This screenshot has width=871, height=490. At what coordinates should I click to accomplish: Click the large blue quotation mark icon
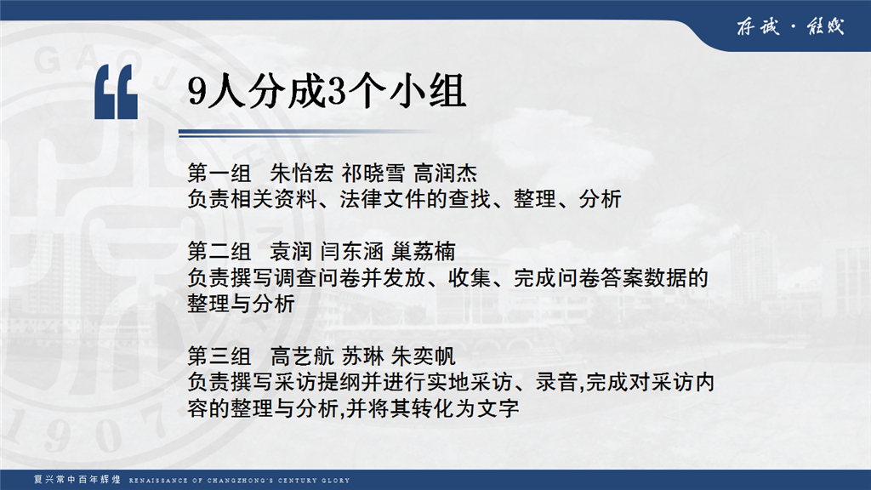(116, 92)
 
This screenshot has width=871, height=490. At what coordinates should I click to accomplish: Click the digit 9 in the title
(197, 92)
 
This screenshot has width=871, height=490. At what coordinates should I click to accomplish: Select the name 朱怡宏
(302, 174)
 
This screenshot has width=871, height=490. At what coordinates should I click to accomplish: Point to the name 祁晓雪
(373, 174)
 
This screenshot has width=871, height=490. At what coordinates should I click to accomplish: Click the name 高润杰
(446, 174)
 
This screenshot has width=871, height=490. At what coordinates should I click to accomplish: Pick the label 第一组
(219, 174)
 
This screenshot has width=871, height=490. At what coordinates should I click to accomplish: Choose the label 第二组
(219, 252)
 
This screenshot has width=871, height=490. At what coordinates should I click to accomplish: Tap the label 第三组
(219, 356)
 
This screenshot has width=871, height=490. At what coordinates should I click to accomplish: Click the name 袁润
(291, 252)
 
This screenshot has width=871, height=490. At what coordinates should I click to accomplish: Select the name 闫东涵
(352, 252)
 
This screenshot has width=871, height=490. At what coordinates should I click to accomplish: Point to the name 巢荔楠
(424, 252)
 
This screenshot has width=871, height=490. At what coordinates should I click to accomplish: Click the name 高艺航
(302, 356)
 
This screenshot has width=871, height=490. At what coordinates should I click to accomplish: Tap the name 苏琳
(362, 356)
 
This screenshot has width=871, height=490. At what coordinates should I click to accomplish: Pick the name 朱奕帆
(424, 356)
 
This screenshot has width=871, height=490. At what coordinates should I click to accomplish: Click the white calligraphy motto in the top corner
(790, 26)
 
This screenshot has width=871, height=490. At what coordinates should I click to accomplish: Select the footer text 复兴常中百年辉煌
(77, 480)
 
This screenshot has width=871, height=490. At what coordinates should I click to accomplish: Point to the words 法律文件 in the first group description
(384, 199)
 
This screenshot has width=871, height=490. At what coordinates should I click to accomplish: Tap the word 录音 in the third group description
(557, 382)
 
